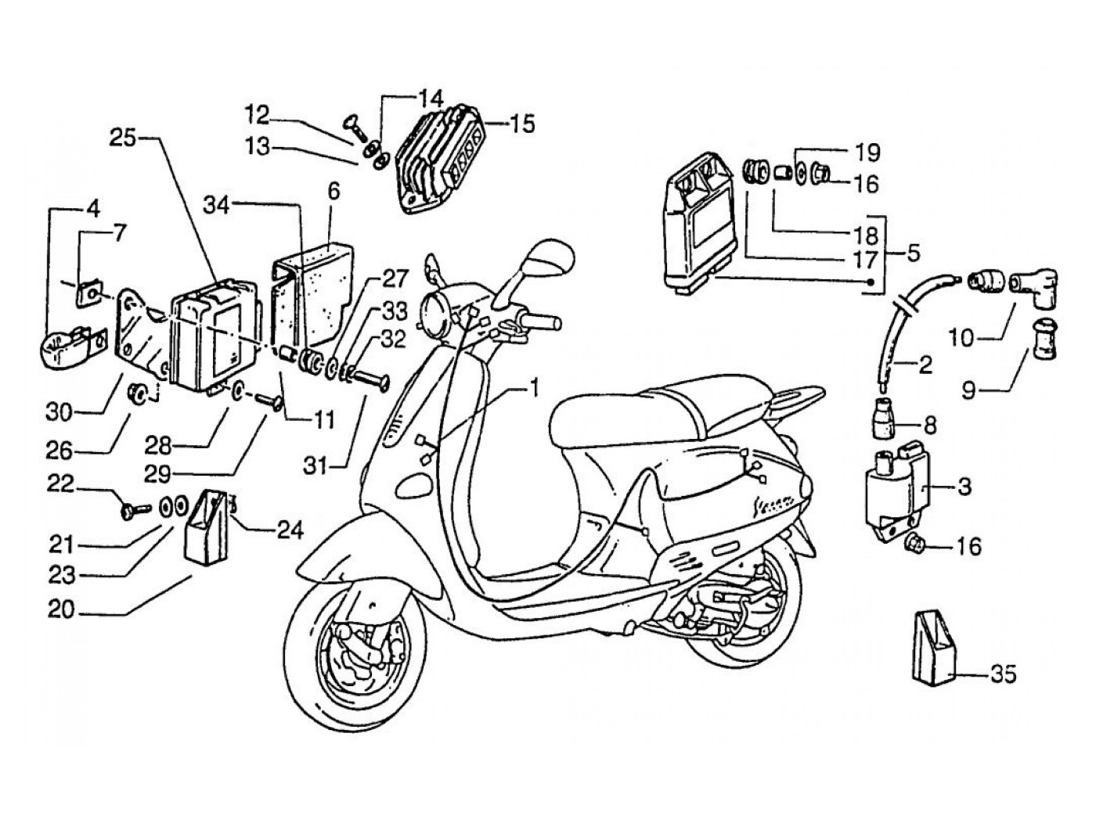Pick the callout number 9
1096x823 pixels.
pos(969,389)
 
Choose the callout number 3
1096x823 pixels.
pos(964,487)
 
